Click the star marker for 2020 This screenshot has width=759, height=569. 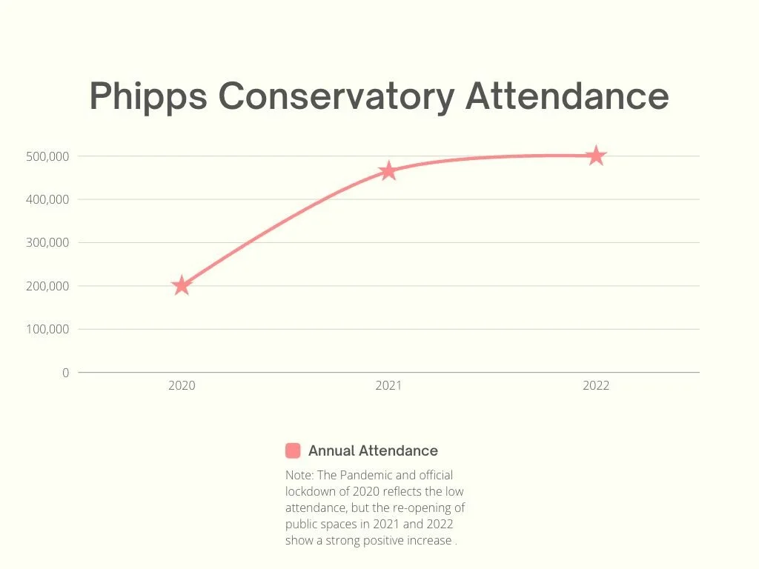[182, 285]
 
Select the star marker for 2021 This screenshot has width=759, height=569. [388, 171]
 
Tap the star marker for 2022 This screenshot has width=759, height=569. [596, 156]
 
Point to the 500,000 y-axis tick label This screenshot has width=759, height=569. [48, 156]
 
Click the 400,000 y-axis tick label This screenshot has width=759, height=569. [48, 199]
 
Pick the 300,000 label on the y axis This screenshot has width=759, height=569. [48, 242]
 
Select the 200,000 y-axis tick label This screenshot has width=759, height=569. [48, 286]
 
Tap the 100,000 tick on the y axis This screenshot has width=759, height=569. [48, 329]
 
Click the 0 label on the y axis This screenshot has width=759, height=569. [65, 373]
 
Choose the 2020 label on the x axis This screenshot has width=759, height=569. [182, 386]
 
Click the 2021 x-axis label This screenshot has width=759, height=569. [388, 386]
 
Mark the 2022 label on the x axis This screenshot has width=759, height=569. [596, 386]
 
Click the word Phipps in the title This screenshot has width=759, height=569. [148, 97]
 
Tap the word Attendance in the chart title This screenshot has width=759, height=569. [567, 97]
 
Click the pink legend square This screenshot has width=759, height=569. [293, 450]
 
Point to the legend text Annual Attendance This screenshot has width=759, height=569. [373, 450]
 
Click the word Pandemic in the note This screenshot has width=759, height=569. [367, 475]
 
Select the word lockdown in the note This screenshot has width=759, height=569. [311, 491]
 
